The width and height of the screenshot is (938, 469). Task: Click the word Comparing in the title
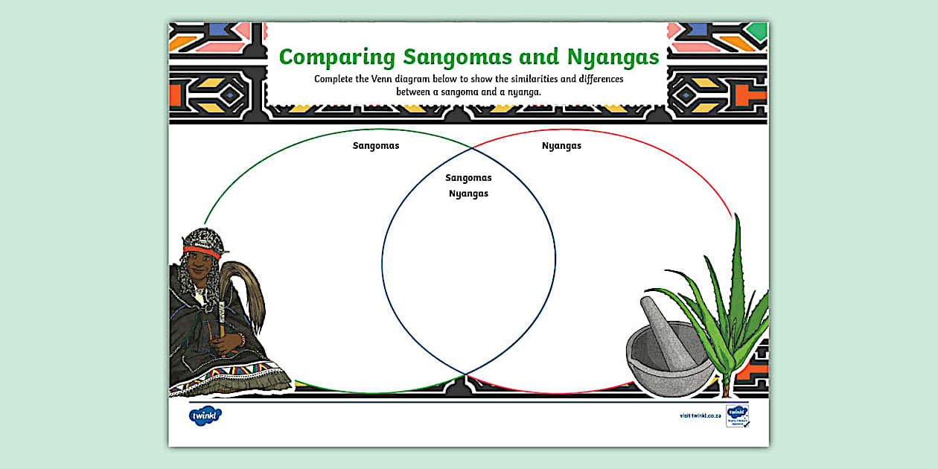336,58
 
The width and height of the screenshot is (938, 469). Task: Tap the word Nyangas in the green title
613,58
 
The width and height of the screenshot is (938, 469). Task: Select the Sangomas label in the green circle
376,146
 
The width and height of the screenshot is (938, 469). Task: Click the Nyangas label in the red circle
561,146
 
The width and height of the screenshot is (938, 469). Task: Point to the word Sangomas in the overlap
468,178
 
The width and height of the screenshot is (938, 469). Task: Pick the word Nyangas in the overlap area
468,194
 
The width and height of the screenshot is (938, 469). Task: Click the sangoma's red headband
202,252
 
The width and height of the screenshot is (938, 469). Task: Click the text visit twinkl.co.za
699,416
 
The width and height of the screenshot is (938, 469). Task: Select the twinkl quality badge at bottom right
737,416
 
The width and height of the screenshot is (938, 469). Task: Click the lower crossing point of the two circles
467,374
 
